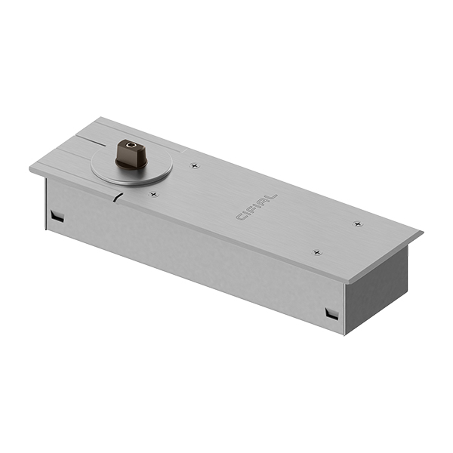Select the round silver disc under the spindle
pos(131,166)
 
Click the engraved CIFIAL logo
pos(257,207)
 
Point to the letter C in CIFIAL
pos(240,217)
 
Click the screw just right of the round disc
pos(195,165)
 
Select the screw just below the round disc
pos(154,195)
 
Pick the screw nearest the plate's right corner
pos(358,223)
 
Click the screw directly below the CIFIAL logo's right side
pos(317,253)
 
